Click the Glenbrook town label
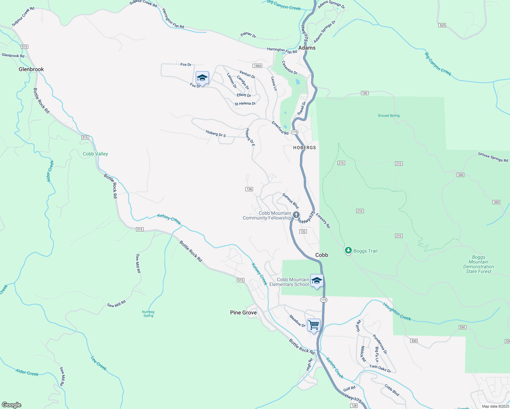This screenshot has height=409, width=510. click(31, 69)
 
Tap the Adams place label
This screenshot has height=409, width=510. click(307, 48)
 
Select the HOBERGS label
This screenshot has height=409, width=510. click(304, 148)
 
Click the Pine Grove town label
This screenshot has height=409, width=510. click(243, 313)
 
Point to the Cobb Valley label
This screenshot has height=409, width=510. click(95, 154)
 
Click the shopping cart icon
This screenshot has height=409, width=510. click(314, 325)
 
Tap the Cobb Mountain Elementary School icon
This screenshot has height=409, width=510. click(317, 281)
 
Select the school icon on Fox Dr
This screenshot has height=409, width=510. click(202, 78)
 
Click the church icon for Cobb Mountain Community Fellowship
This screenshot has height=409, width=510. click(296, 215)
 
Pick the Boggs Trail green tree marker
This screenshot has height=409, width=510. click(348, 251)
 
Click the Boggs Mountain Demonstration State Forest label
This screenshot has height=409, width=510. click(479, 264)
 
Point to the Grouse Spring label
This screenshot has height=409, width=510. click(389, 116)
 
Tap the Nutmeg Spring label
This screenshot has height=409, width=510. click(148, 314)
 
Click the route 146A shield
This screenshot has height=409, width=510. click(257, 66)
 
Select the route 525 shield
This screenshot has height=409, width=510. click(442, 25)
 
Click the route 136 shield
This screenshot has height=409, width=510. click(249, 189)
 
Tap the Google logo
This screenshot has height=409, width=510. click(11, 405)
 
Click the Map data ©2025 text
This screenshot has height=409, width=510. click(495, 406)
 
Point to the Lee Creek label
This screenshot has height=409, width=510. click(99, 363)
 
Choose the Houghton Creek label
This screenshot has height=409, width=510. click(397, 312)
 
